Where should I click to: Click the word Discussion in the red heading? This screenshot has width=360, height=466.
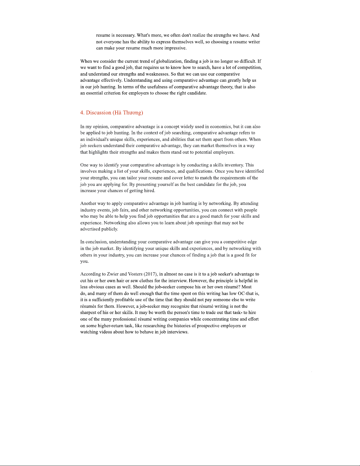point(98,113)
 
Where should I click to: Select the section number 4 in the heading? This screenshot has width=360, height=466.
point(82,113)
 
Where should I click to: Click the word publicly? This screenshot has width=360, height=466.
point(110,229)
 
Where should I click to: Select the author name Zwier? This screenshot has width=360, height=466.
point(113,274)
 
